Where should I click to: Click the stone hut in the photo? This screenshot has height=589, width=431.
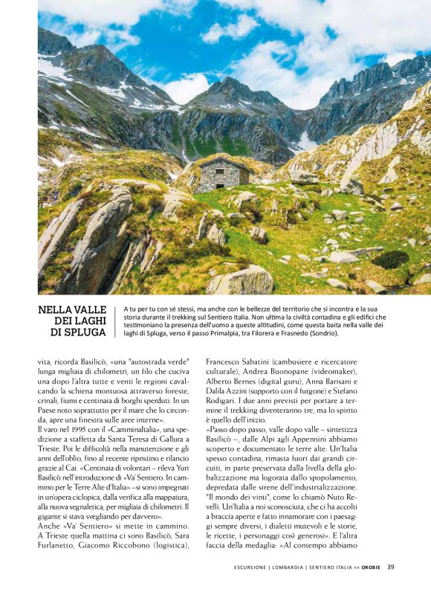click(222, 175)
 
